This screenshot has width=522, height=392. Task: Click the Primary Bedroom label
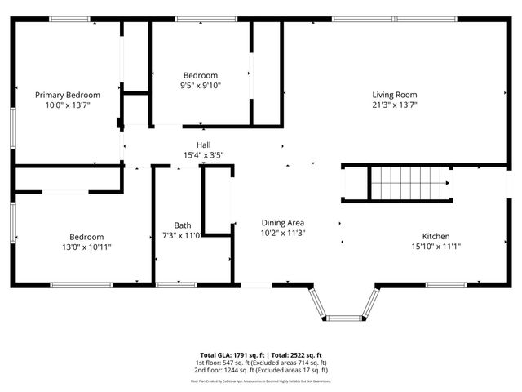[x=67, y=95]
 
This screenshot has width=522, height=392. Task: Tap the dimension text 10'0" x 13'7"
[x=67, y=105]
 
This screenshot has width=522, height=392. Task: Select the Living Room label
[x=395, y=95]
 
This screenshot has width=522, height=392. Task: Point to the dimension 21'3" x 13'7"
[x=395, y=105]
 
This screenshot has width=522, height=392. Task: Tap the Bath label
[x=183, y=225]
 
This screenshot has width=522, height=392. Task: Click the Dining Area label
[x=282, y=222]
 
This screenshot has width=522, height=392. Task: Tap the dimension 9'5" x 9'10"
[x=200, y=85]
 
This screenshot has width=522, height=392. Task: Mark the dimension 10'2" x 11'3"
[x=282, y=232]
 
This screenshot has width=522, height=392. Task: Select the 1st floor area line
[x=261, y=362]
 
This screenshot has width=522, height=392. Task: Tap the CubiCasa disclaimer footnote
[x=261, y=381]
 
